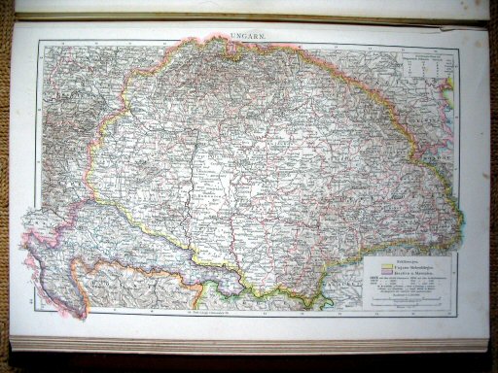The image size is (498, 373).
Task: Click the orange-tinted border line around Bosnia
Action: pyautogui.click(x=146, y=264)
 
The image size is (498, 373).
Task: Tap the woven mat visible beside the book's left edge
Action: pyautogui.click(x=6, y=194)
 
